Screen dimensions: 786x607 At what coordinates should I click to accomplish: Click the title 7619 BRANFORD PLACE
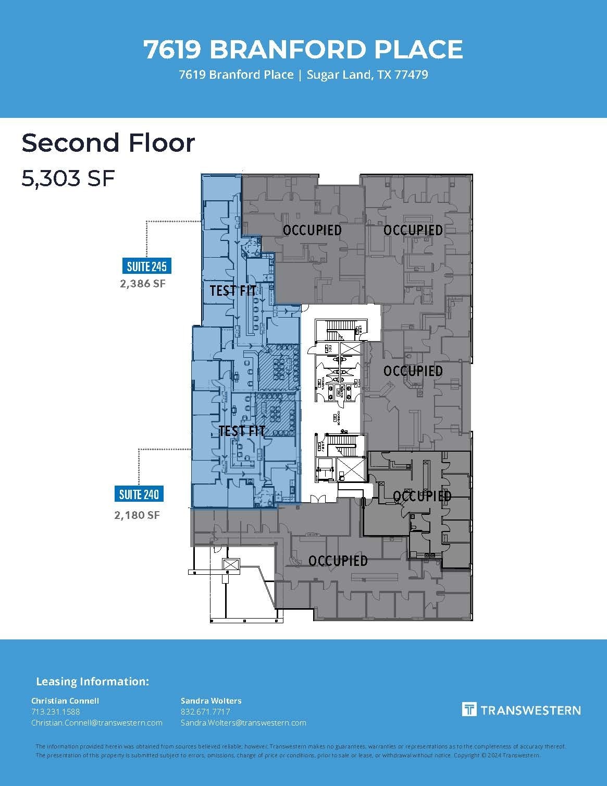click(x=303, y=50)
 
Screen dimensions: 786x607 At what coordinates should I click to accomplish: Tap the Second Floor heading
click(x=108, y=143)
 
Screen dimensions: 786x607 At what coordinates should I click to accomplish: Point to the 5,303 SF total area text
click(x=68, y=178)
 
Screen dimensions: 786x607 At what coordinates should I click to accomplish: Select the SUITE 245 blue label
click(x=146, y=267)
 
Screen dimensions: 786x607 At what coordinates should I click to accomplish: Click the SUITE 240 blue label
click(x=139, y=493)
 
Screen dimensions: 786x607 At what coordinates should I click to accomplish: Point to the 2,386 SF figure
click(x=143, y=284)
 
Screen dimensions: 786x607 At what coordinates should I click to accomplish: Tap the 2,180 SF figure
click(x=137, y=515)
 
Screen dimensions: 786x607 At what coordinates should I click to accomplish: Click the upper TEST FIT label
click(x=232, y=291)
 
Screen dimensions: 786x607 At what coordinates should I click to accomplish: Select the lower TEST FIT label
click(x=242, y=431)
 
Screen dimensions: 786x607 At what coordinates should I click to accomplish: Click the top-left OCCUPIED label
click(x=312, y=230)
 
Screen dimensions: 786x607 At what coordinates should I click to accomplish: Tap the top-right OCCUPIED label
click(x=413, y=230)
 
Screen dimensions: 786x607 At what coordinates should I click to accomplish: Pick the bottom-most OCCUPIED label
click(x=338, y=561)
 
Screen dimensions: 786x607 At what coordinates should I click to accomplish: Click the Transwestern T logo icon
click(x=469, y=709)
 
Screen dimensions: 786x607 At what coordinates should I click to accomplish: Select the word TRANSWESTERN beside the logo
click(x=530, y=710)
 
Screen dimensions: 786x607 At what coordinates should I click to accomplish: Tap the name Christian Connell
click(x=65, y=700)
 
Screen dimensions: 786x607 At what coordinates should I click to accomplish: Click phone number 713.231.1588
click(x=56, y=711)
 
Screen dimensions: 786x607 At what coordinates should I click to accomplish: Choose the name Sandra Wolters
click(x=211, y=700)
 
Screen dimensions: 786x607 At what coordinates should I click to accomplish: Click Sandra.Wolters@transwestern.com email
click(x=243, y=723)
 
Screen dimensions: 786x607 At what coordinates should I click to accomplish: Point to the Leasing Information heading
click(x=92, y=682)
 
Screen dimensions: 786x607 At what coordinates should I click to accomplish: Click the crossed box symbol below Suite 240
click(x=230, y=565)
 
